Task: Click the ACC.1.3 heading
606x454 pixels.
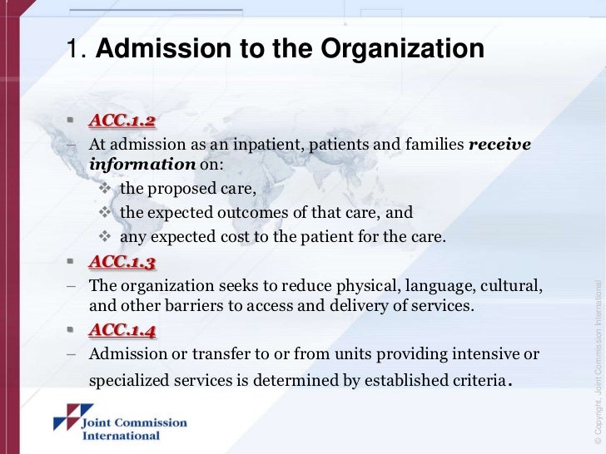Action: [122, 264]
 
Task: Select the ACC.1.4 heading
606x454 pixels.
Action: [122, 332]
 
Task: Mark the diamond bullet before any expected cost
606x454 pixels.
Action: [106, 237]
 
